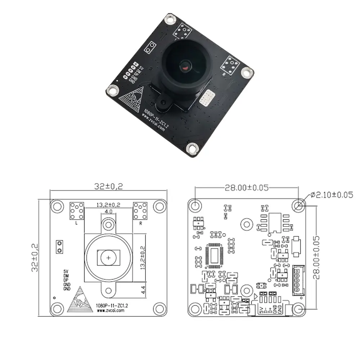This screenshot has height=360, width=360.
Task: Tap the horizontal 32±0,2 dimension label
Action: (108, 186)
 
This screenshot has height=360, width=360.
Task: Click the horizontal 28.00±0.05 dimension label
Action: (247, 188)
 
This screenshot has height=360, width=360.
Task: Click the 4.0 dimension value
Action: (108, 211)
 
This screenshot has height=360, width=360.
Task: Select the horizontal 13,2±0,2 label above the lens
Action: (108, 205)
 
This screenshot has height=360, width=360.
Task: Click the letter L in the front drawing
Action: (76, 223)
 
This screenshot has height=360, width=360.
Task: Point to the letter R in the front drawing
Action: (140, 223)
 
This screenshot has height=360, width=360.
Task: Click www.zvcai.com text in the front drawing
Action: (111, 310)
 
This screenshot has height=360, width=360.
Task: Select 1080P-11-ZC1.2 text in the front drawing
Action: (113, 305)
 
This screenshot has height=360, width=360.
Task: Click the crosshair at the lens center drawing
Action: (108, 257)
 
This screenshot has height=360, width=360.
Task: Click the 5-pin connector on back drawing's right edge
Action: (298, 281)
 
